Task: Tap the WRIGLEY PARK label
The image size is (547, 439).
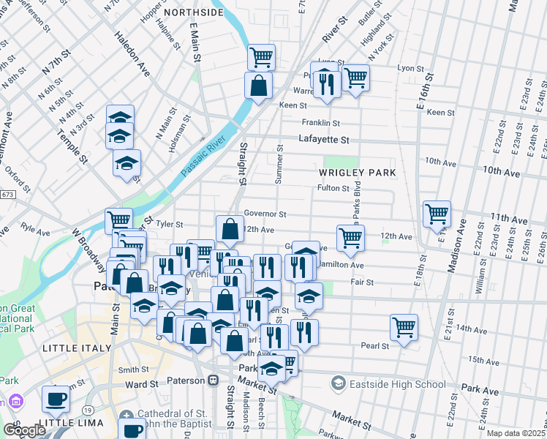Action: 357,173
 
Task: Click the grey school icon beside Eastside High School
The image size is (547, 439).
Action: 339,383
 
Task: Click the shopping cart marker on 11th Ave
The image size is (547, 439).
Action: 437,214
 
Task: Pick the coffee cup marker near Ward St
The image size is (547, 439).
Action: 56,399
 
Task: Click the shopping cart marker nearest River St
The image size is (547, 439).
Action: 261,56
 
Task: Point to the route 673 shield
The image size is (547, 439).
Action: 7,195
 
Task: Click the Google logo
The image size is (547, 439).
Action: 24,430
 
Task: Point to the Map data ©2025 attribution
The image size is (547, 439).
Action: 516,433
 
